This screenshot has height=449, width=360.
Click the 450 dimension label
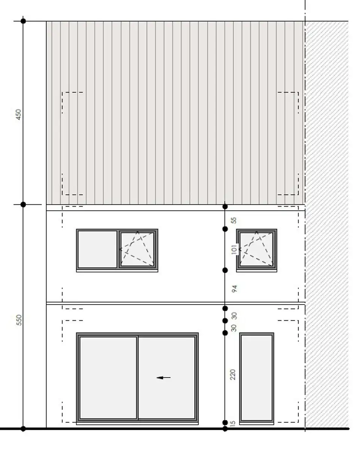coord(19,114)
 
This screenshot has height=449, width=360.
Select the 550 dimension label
coord(19,320)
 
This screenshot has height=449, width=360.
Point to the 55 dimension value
coord(234,220)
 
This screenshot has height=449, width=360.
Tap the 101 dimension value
coord(235,250)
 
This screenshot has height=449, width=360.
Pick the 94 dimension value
coord(235,288)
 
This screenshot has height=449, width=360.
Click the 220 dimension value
coord(233,374)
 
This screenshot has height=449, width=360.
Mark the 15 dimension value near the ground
coord(233,423)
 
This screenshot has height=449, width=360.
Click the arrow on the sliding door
coord(164,378)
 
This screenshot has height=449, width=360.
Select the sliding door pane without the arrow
coord(108,378)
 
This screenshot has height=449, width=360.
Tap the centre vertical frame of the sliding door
coord(138,378)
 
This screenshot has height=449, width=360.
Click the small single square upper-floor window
coord(257,249)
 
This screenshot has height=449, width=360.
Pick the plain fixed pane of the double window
coord(97,249)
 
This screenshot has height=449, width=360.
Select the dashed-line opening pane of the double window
coord(137,249)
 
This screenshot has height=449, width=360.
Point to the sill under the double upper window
coord(117,271)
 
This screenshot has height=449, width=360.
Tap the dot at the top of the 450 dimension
coord(23,21)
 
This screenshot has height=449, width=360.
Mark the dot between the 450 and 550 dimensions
coord(23,204)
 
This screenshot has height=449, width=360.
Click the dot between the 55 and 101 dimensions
coord(225,229)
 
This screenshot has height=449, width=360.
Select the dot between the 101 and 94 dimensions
coord(225,270)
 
